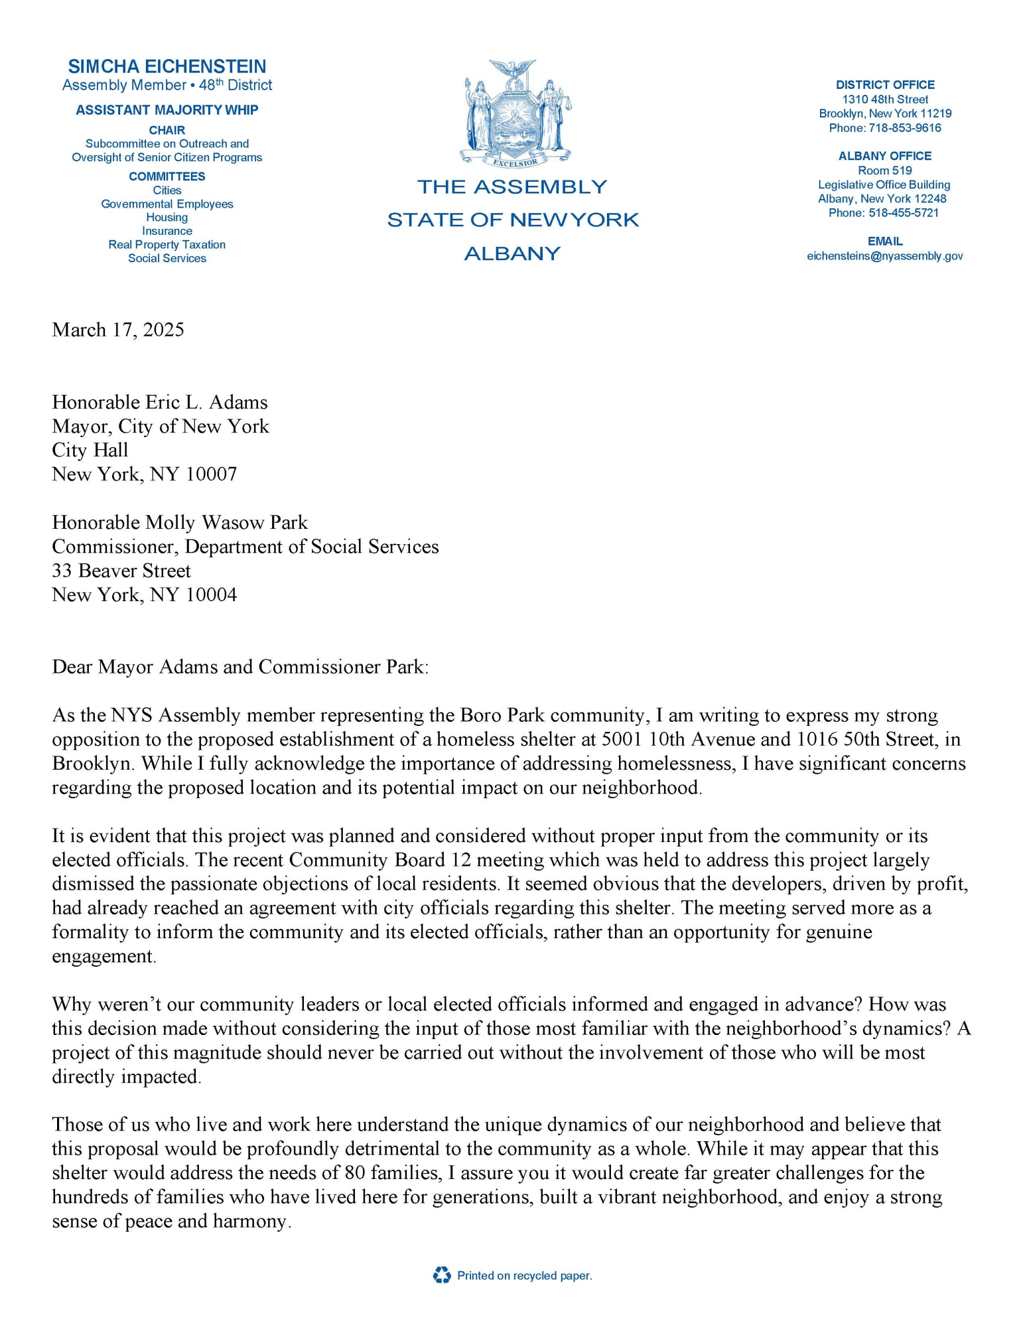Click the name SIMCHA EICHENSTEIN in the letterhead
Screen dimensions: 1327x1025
(167, 66)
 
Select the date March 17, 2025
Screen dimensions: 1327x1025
(118, 330)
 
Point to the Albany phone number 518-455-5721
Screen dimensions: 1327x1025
(904, 213)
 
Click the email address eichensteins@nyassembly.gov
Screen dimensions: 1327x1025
(884, 256)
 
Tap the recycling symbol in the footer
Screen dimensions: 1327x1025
(441, 1275)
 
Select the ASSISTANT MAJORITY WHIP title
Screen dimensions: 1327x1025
(167, 110)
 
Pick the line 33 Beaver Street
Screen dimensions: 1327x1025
(121, 571)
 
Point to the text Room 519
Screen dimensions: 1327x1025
(884, 171)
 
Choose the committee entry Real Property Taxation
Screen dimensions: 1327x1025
(167, 245)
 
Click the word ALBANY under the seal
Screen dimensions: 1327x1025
(512, 253)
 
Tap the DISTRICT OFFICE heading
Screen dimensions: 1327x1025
(884, 85)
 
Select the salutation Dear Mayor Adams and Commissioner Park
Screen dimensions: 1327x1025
(240, 667)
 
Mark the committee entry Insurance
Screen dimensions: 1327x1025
(167, 231)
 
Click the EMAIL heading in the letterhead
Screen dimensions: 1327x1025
(884, 242)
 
